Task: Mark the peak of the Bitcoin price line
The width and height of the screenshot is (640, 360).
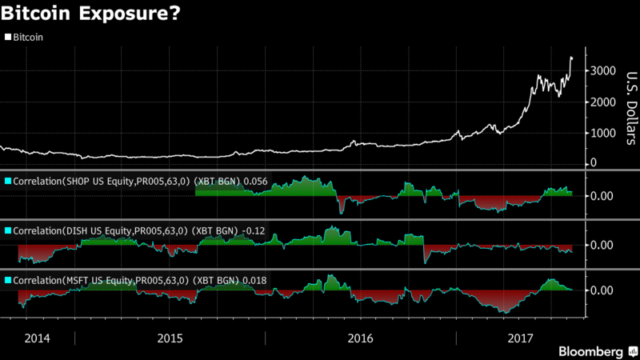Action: pos(570,57)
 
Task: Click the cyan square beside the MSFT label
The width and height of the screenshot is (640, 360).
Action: pos(8,280)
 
